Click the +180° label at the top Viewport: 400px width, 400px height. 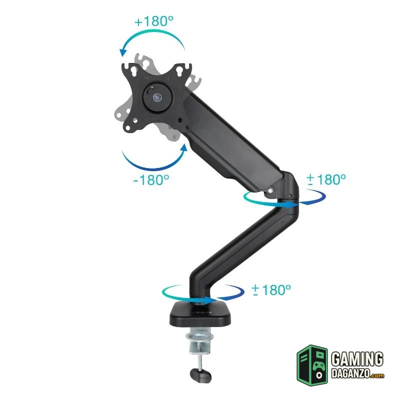[x=154, y=21]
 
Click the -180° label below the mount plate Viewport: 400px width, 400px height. [x=151, y=180]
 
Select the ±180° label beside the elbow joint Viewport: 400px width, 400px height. [x=326, y=179]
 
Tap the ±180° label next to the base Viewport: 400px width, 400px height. [x=271, y=290]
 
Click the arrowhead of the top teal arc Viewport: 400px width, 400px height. [x=123, y=52]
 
